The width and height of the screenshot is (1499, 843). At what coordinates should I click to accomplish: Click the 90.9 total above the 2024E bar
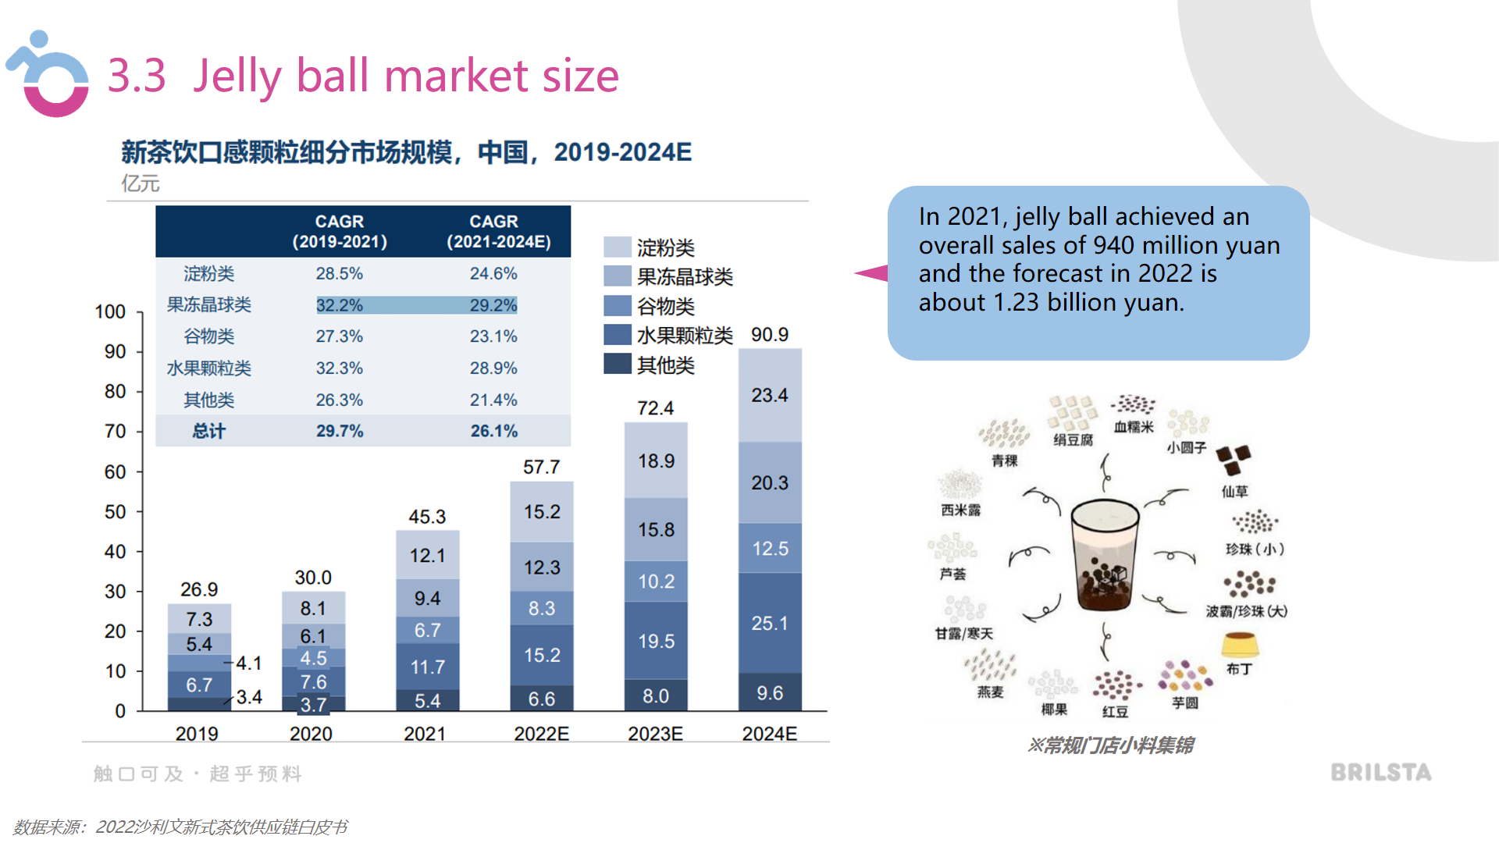point(769,335)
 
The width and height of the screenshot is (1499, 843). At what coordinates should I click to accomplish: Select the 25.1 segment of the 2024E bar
point(769,623)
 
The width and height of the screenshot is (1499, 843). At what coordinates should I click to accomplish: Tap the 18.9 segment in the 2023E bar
point(656,461)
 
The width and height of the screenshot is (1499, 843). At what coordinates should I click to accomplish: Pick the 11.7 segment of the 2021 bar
point(427,667)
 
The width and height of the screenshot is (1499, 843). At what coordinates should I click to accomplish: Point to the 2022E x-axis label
point(541,734)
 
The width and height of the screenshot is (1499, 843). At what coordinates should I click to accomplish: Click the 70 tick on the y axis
point(115,431)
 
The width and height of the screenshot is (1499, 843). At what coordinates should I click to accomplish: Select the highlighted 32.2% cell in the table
point(339,305)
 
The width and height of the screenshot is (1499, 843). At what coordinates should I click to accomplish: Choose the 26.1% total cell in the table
point(493,431)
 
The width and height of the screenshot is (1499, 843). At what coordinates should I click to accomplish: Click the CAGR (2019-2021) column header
point(339,232)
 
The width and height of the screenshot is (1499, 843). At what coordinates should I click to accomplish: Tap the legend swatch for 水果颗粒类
point(617,335)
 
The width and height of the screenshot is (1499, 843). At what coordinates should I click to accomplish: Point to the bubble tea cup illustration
point(1104,554)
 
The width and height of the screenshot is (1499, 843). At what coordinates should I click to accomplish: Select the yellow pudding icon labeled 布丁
point(1240,645)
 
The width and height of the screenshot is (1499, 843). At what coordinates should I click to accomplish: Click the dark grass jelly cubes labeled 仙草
point(1233,460)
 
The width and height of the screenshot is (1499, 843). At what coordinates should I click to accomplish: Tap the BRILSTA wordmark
point(1380,773)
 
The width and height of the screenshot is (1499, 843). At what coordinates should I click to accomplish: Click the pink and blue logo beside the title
point(48,76)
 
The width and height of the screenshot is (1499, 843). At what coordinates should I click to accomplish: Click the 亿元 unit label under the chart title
point(141,183)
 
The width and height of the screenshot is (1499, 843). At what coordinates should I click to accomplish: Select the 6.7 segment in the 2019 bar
point(199,685)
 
